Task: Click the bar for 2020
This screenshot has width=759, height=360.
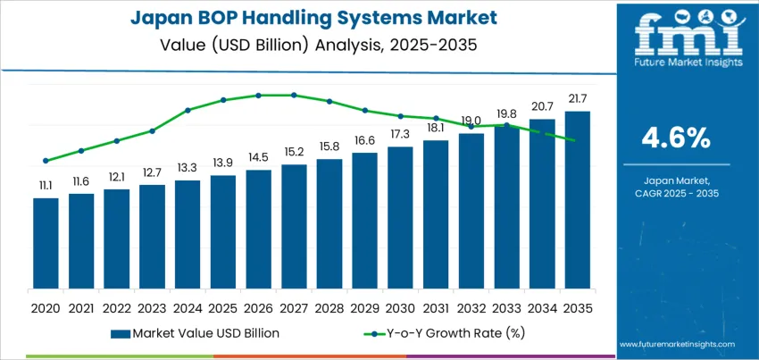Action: (x=46, y=243)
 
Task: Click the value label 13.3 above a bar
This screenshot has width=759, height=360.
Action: (x=188, y=168)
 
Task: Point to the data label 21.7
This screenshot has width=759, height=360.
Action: (x=577, y=97)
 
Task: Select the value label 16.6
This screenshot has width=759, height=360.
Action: (x=364, y=140)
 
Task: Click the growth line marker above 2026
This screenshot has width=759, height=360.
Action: (x=258, y=95)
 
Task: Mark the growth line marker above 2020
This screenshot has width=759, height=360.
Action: (x=46, y=161)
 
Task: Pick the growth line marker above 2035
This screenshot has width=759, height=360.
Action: (x=577, y=140)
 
